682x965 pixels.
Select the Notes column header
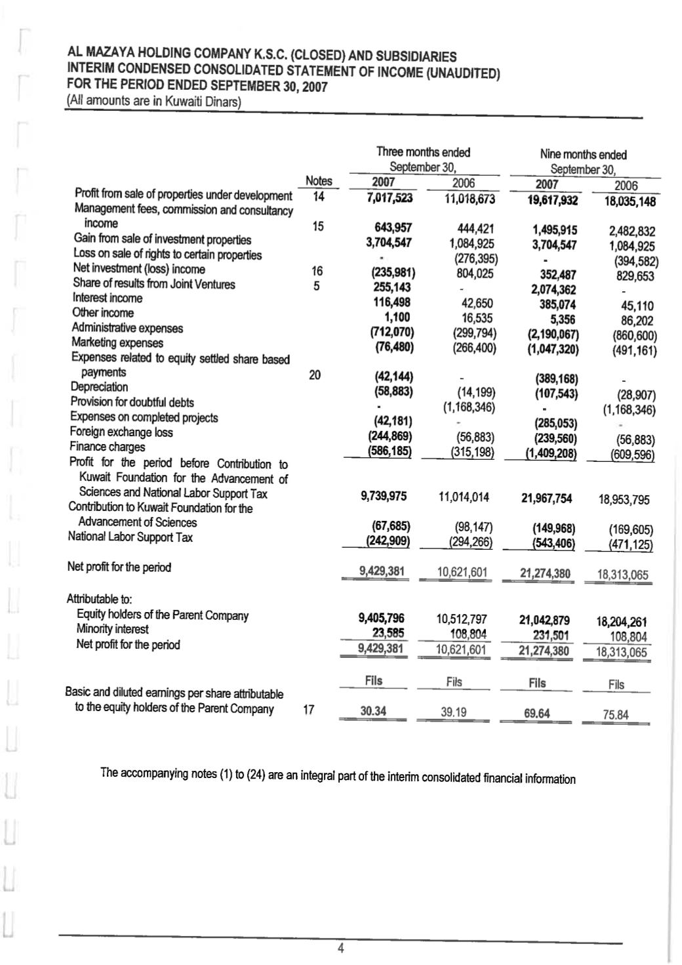[319, 181]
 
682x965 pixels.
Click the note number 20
[315, 375]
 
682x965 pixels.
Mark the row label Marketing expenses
[117, 342]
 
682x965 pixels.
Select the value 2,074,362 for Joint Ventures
[553, 290]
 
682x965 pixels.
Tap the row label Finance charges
[108, 447]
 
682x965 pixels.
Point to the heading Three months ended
[423, 152]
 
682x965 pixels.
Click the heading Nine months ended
[583, 155]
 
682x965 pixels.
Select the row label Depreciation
[99, 387]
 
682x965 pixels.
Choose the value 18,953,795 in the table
[624, 500]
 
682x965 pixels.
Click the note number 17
[309, 709]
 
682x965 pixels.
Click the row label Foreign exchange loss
[121, 432]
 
